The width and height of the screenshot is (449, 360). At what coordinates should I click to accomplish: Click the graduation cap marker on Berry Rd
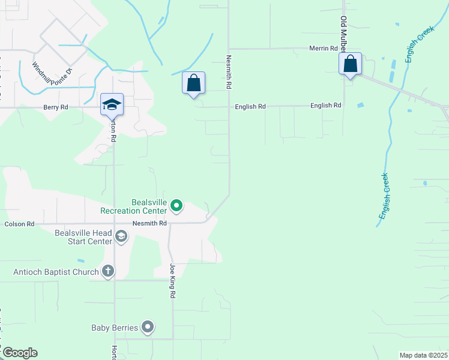pyautogui.click(x=112, y=105)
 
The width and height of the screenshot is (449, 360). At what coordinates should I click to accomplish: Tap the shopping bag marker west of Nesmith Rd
pyautogui.click(x=193, y=83)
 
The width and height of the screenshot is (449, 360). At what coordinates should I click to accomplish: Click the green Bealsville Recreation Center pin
pyautogui.click(x=176, y=206)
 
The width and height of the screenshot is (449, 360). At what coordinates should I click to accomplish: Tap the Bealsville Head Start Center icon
pyautogui.click(x=121, y=236)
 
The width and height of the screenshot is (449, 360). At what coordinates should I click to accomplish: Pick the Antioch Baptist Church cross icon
pyautogui.click(x=108, y=272)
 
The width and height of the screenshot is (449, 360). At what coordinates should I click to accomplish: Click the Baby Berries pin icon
pyautogui.click(x=148, y=328)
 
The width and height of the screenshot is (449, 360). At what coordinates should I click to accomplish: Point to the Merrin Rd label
pyautogui.click(x=323, y=48)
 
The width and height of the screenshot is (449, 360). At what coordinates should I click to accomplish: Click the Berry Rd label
pyautogui.click(x=56, y=107)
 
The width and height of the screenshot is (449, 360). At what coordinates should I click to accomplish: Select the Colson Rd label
pyautogui.click(x=20, y=224)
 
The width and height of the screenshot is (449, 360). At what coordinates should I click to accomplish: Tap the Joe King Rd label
pyautogui.click(x=172, y=281)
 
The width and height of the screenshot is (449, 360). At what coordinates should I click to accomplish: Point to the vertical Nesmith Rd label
pyautogui.click(x=229, y=73)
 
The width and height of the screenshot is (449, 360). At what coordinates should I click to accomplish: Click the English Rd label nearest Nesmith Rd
pyautogui.click(x=250, y=106)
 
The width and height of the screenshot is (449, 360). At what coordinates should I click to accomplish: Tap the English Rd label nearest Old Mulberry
pyautogui.click(x=326, y=105)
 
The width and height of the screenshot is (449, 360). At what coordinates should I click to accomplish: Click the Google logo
pyautogui.click(x=20, y=353)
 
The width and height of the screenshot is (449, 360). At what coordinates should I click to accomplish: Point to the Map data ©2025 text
pyautogui.click(x=423, y=355)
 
